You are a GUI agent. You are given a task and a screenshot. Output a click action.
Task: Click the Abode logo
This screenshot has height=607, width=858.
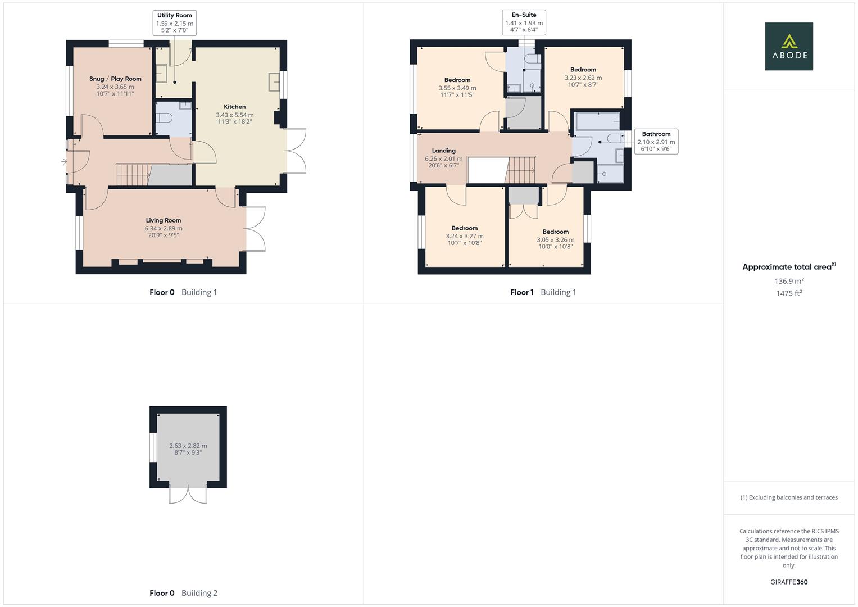[x=788, y=46]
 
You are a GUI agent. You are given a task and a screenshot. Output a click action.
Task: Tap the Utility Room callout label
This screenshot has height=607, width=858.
[x=174, y=23]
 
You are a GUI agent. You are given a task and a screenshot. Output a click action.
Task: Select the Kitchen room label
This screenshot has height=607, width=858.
[x=234, y=107]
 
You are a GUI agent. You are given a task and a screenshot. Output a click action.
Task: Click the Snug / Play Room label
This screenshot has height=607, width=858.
[x=115, y=79]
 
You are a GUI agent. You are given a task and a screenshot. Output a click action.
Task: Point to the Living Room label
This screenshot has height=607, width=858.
[x=164, y=220]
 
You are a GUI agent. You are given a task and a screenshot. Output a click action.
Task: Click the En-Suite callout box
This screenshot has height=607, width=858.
[x=524, y=22]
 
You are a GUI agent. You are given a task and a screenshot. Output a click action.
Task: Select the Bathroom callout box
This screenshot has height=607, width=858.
[x=656, y=142]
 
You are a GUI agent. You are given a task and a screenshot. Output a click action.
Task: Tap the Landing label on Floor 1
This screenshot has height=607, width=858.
[x=443, y=151]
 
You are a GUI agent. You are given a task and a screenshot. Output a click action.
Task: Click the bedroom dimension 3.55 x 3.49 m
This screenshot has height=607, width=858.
[x=457, y=88]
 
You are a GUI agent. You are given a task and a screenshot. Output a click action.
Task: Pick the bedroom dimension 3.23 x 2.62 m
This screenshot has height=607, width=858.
[x=583, y=78]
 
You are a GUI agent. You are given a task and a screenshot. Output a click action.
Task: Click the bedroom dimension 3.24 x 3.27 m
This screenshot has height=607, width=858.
[x=464, y=236]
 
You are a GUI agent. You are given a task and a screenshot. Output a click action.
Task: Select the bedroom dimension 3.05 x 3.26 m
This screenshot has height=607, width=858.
[x=555, y=239]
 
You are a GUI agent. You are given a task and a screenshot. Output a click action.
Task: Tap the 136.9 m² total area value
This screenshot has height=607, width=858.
[x=788, y=281]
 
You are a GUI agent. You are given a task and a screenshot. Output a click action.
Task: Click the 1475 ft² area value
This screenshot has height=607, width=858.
[x=788, y=293]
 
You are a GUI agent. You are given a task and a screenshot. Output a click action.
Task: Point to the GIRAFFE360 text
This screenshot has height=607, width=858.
[x=788, y=582]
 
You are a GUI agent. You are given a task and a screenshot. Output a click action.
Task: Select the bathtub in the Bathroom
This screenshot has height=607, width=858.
[x=596, y=121]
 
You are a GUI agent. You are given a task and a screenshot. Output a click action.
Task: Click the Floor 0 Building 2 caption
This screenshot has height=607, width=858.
[x=183, y=593]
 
